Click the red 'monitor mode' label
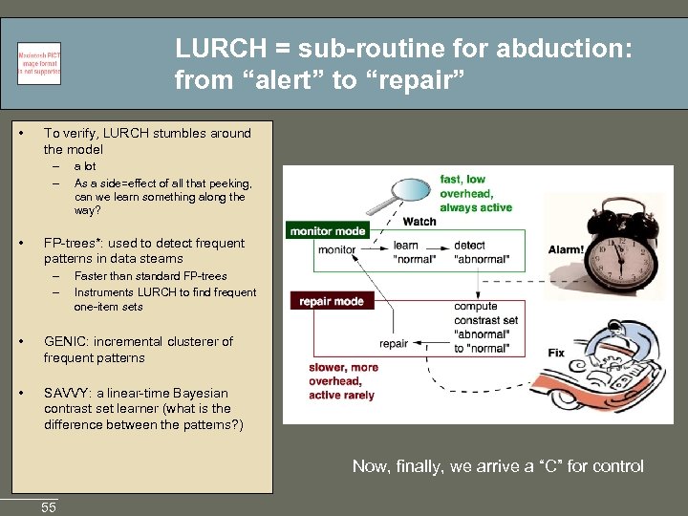[x=327, y=230]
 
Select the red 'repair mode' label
[x=331, y=301]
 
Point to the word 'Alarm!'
[x=566, y=250]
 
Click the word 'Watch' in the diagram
[x=419, y=222]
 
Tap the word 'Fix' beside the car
[x=556, y=353]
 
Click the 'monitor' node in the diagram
[x=336, y=250]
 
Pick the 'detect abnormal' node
[x=482, y=253]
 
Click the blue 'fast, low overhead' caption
[x=476, y=193]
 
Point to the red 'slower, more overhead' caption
[x=343, y=381]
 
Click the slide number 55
[x=49, y=507]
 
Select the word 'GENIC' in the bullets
[x=65, y=341]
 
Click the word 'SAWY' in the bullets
[x=66, y=393]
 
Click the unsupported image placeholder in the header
[x=39, y=63]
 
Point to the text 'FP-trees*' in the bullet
[x=73, y=243]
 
